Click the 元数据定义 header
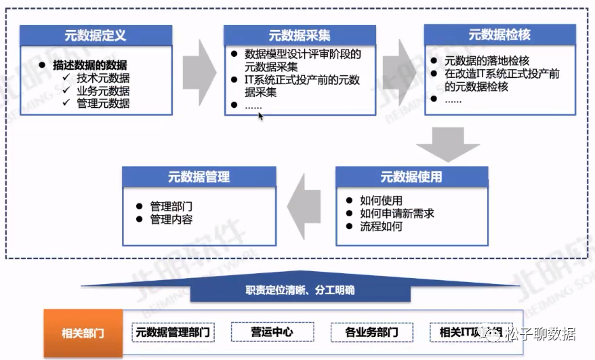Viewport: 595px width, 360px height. [96, 36]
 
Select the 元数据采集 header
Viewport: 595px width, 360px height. [300, 36]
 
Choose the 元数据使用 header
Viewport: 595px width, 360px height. [411, 177]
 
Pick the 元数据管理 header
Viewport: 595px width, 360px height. [199, 177]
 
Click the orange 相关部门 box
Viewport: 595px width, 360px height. [83, 333]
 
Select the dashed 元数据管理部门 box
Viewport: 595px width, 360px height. [174, 332]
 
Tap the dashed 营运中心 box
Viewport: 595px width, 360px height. [272, 332]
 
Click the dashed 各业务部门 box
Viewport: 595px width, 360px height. [371, 332]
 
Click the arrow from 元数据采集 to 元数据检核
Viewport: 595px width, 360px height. [399, 72]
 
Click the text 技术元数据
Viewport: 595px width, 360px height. [103, 78]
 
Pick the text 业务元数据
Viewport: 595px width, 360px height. [103, 91]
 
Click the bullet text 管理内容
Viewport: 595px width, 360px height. [171, 220]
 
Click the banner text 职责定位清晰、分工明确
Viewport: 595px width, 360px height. [300, 290]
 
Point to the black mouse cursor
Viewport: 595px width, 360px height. [260, 116]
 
